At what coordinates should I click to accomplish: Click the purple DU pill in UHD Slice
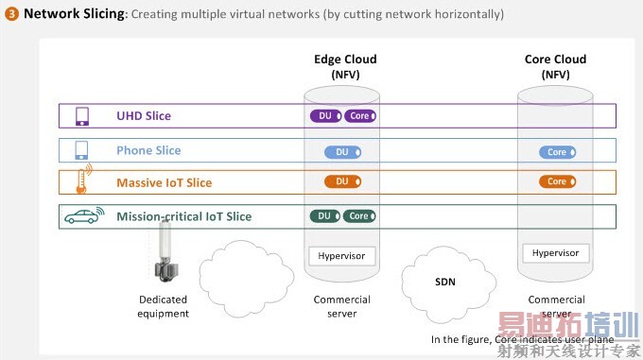tap(325, 116)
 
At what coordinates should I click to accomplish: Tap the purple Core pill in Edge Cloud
tap(359, 116)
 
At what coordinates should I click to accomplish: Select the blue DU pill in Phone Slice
tap(342, 151)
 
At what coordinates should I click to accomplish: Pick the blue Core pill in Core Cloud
tap(557, 151)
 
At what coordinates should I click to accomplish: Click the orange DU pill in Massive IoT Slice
tap(342, 181)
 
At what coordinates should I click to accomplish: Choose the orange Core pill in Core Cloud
tap(557, 181)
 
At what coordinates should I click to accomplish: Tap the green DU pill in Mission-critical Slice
tap(324, 216)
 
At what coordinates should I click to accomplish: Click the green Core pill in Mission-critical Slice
tap(359, 216)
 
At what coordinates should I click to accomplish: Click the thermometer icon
tap(82, 181)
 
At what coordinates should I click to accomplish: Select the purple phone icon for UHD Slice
tap(82, 116)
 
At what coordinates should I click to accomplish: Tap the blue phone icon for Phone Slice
tap(82, 150)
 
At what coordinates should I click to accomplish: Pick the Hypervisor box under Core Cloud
tap(556, 253)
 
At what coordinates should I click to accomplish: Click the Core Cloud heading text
tap(555, 66)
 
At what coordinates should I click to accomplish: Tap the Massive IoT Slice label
tap(164, 182)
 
